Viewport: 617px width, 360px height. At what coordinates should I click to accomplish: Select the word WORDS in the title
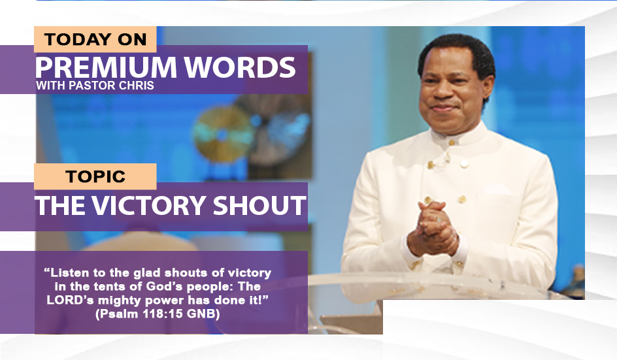(240, 67)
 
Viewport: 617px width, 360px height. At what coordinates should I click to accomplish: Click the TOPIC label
(95, 176)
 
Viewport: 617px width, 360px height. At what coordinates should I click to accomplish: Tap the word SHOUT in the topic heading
(259, 205)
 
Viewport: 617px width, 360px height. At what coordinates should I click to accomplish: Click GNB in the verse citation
(201, 314)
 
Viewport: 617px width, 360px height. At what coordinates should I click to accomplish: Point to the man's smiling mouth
(442, 108)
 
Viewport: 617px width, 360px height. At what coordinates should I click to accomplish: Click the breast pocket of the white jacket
(497, 191)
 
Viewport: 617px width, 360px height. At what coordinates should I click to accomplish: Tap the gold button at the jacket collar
(452, 142)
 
